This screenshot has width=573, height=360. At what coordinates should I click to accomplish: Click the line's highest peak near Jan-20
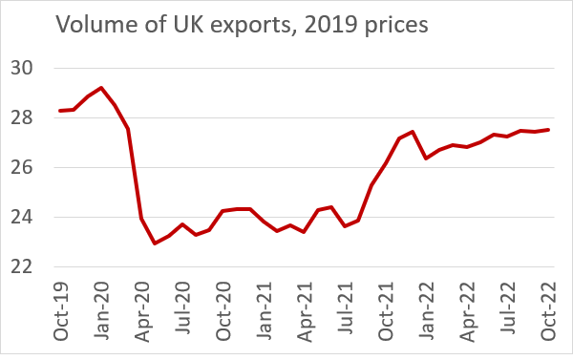click(x=101, y=88)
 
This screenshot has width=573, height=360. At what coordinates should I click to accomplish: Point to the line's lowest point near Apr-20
click(x=156, y=244)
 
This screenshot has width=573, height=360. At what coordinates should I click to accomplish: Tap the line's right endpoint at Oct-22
click(x=548, y=130)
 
